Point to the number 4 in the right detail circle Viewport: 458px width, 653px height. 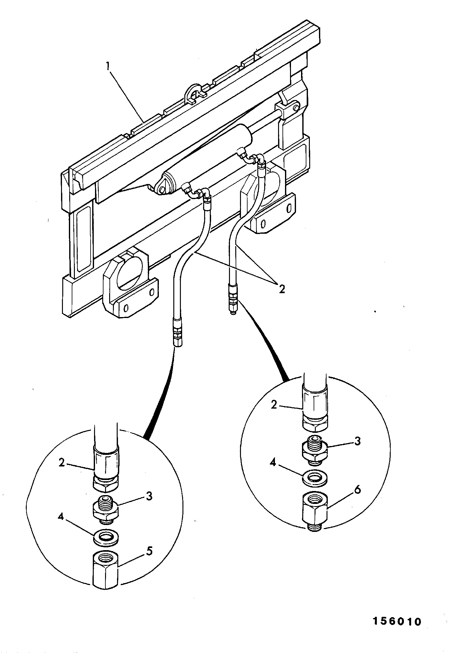[273, 463]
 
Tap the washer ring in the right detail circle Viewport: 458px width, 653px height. [315, 478]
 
